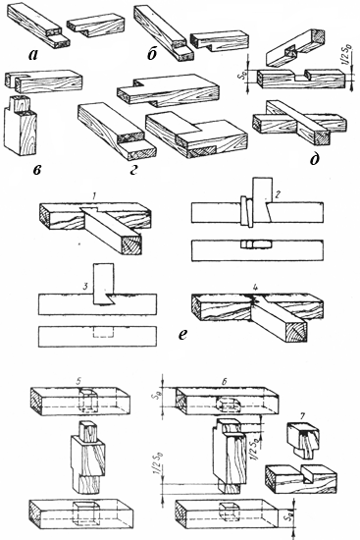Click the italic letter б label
tap(152, 54)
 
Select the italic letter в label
tap(37, 170)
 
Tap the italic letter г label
tap(133, 170)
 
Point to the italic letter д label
tap(314, 159)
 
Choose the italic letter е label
tap(182, 335)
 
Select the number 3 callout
tap(86, 286)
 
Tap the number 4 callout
tap(255, 287)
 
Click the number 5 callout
tap(78, 381)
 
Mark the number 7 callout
tap(302, 416)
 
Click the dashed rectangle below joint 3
tap(103, 332)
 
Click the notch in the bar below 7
tap(308, 475)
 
